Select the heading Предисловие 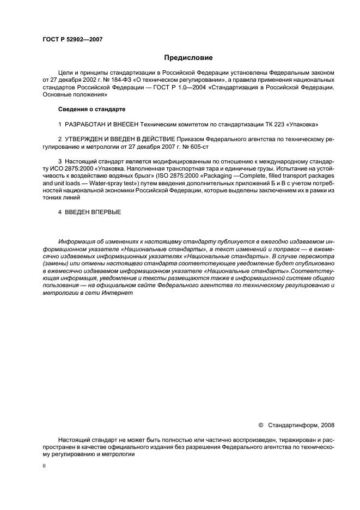(188, 58)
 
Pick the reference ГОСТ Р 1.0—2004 (187, 87)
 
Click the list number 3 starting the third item (60, 162)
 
